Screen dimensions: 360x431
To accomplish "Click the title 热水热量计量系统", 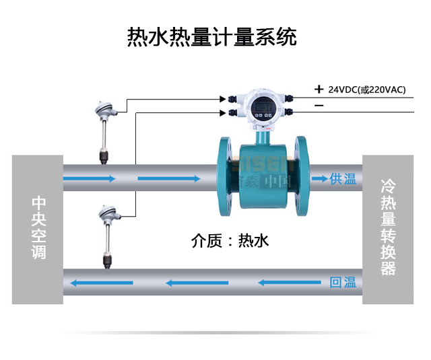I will click(x=211, y=36).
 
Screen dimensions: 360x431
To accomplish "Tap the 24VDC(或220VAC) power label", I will click(x=367, y=89).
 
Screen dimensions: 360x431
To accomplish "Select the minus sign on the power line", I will click(x=319, y=106).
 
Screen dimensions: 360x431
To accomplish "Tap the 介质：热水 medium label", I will click(x=230, y=240).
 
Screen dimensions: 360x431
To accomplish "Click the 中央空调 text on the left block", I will click(x=38, y=229).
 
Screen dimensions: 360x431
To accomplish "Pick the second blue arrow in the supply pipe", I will click(x=168, y=179).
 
